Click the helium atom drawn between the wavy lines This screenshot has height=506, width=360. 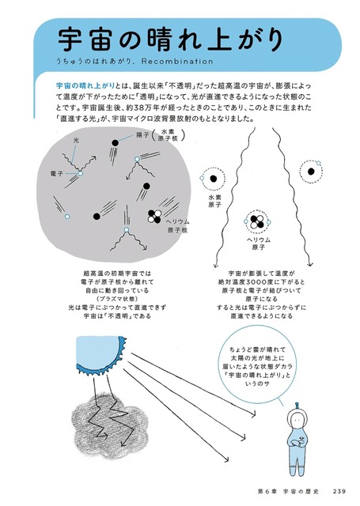(x=257, y=219)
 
